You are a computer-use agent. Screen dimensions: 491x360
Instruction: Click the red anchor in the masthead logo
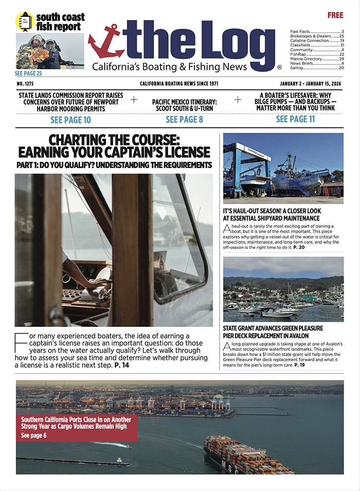click(x=106, y=42)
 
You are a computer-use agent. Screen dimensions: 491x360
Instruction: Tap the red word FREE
click(x=335, y=15)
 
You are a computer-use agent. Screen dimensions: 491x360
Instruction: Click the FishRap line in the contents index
click(x=298, y=54)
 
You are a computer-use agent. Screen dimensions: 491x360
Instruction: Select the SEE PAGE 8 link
click(x=184, y=119)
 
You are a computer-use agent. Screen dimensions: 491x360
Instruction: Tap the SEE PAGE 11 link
click(x=295, y=119)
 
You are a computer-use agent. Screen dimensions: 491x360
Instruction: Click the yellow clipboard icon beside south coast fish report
click(x=25, y=21)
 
